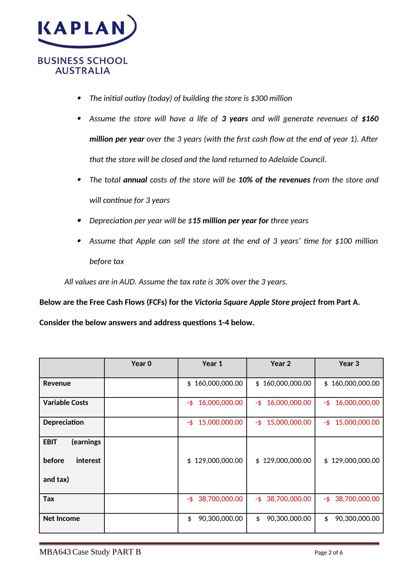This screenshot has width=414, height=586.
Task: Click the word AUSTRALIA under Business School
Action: (x=83, y=70)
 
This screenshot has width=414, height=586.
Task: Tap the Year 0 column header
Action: (x=141, y=364)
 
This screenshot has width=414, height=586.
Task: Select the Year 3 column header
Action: (x=349, y=364)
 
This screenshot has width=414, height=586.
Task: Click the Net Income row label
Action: (x=61, y=519)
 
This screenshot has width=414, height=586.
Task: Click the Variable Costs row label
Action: (x=65, y=403)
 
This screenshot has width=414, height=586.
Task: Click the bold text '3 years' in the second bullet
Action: (x=235, y=119)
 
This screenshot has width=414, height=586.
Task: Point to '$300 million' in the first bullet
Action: (x=271, y=98)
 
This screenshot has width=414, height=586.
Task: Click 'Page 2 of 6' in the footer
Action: (x=329, y=553)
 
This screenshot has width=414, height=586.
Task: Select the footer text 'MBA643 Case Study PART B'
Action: (x=90, y=552)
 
